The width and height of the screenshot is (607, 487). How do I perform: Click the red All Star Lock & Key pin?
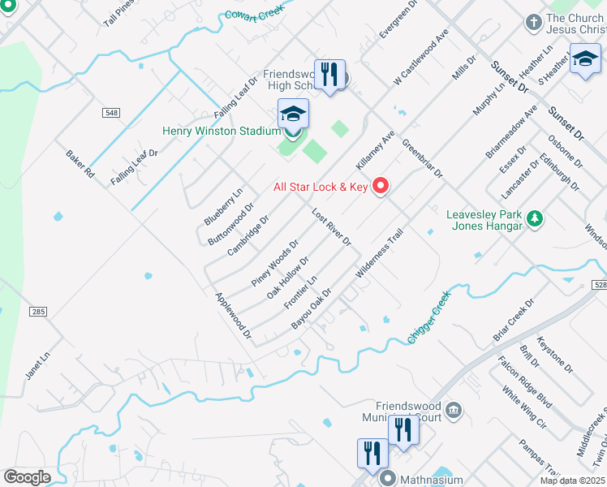381,187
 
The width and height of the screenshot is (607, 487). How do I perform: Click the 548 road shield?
110,112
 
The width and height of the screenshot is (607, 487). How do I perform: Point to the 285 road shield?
39,311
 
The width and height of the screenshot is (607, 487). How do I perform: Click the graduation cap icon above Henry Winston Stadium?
293,114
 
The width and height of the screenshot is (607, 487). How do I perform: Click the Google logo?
26,477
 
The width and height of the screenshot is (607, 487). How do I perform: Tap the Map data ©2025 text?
571,481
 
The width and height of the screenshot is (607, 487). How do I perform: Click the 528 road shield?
599,285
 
